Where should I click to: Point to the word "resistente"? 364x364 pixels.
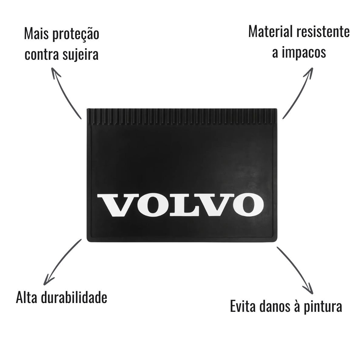(323, 32)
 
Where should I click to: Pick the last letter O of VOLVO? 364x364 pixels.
(249, 205)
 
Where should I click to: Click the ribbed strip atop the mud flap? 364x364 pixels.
(182, 116)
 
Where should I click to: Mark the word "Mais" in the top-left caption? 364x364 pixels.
(36, 34)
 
